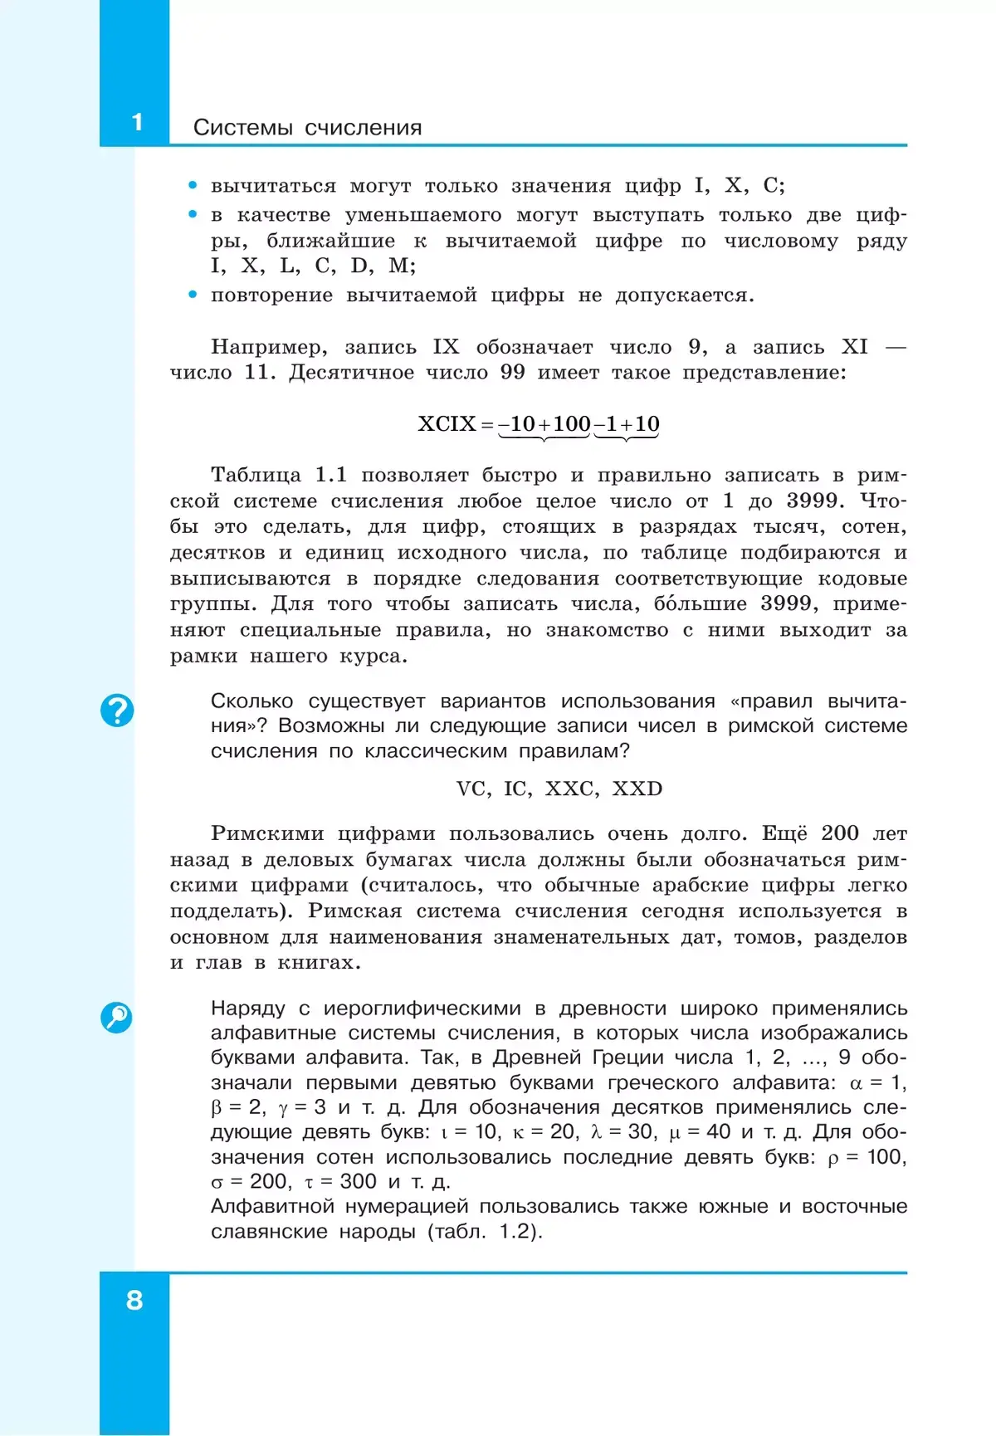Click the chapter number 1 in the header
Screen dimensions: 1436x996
coord(138,123)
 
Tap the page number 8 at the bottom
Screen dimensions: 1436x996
coord(134,1300)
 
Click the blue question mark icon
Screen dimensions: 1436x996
coord(117,711)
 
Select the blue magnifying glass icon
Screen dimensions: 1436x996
coord(116,1017)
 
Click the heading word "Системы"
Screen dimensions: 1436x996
coord(242,128)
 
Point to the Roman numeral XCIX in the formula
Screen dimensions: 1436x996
coord(447,424)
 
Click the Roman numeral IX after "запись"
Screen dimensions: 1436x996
coord(446,347)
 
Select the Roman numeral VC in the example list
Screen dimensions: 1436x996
coord(471,789)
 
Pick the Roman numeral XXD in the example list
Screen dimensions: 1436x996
coord(637,789)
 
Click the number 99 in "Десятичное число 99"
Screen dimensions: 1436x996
coord(512,373)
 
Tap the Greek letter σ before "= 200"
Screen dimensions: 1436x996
coord(217,1183)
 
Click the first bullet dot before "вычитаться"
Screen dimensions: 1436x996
coord(193,186)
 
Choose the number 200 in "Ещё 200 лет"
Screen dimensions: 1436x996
coord(839,833)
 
